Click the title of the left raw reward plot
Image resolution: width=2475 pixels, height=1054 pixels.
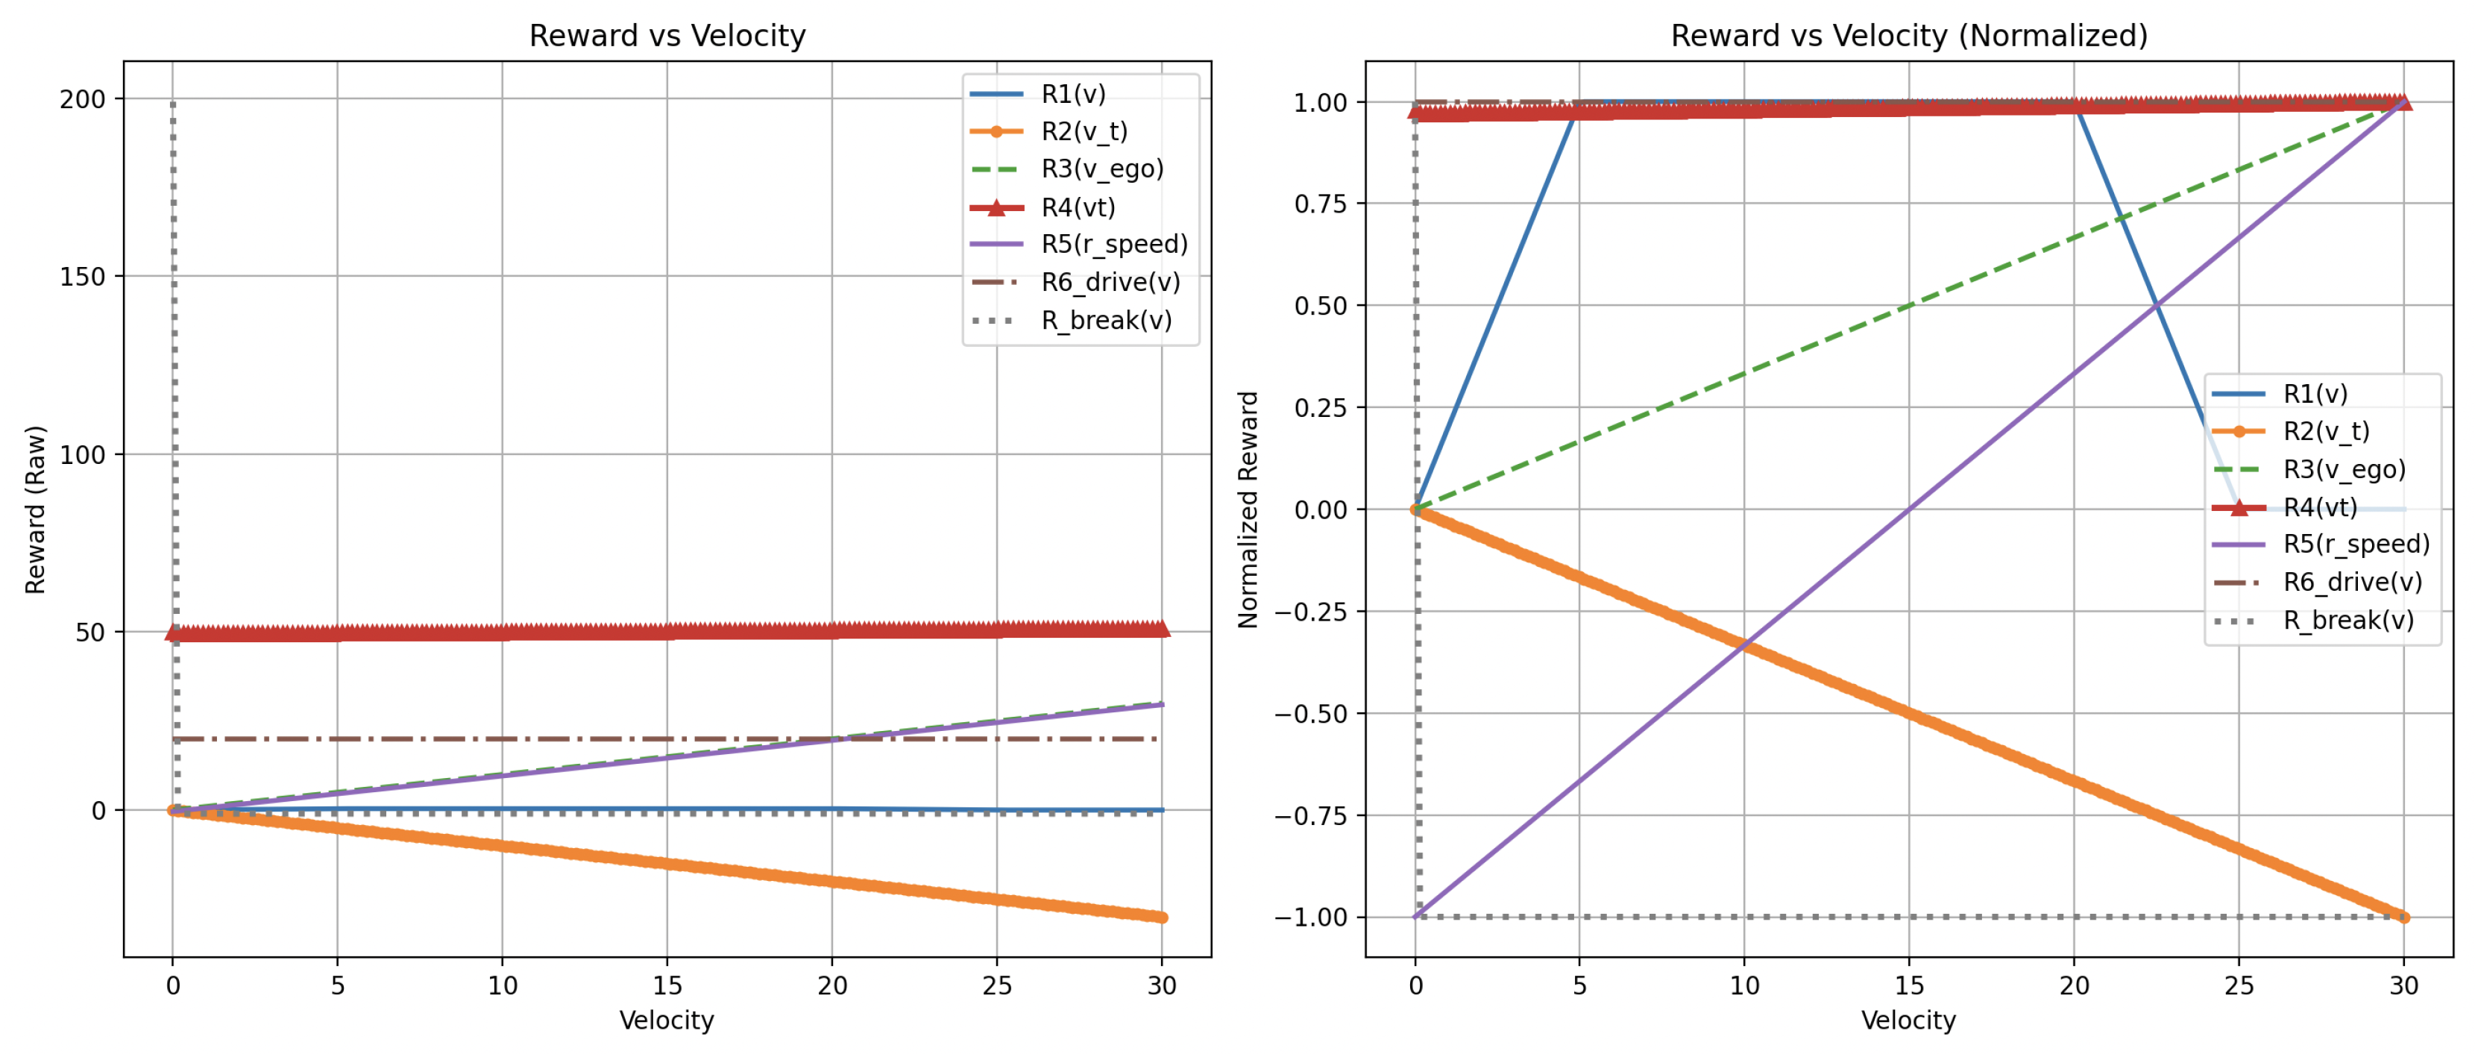[x=667, y=36]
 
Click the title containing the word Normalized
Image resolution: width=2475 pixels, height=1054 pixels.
[x=1908, y=36]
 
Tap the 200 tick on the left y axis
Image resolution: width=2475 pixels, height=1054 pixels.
[x=82, y=100]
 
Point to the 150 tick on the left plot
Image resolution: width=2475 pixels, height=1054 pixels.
[x=82, y=277]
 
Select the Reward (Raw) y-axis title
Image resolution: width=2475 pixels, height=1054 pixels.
[x=36, y=509]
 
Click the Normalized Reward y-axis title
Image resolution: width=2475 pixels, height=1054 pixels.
[x=1248, y=509]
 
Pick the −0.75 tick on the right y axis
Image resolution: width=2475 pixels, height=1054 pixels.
[x=1309, y=816]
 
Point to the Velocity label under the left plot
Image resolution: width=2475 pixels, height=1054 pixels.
[x=667, y=1020]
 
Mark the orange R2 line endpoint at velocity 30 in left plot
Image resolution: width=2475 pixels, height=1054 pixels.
[x=1162, y=917]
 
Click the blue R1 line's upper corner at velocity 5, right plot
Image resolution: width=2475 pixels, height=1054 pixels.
[x=1579, y=104]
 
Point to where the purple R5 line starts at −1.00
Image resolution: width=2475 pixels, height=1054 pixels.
[x=1415, y=917]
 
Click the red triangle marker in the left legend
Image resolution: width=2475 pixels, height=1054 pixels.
[x=996, y=207]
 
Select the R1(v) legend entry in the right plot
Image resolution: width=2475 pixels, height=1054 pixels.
[x=2315, y=394]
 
